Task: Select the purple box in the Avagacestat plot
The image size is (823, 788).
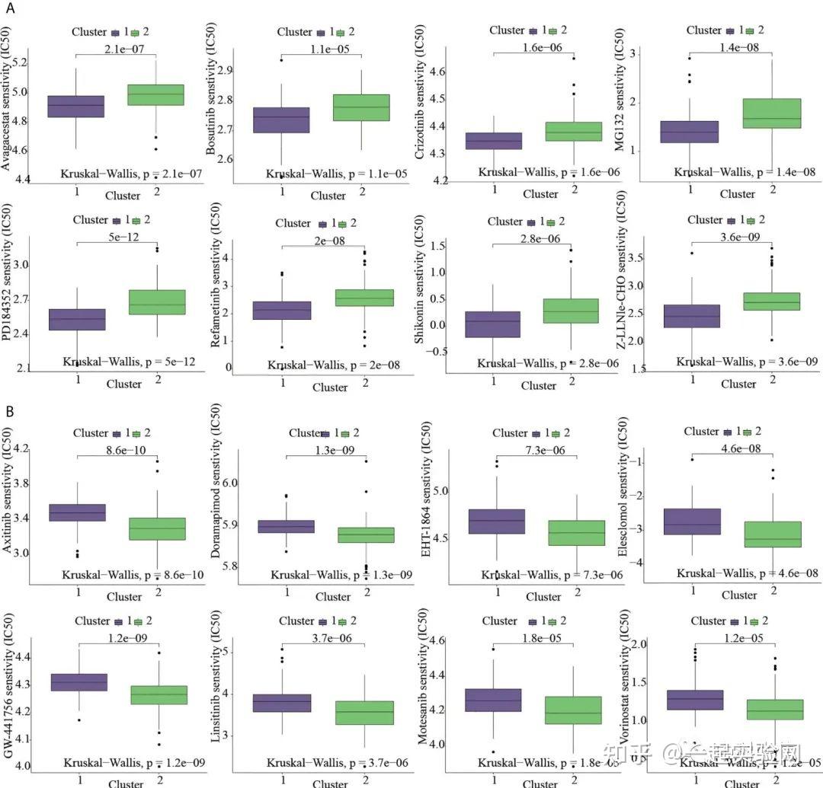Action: (x=75, y=106)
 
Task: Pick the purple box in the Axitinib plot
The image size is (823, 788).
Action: (x=76, y=512)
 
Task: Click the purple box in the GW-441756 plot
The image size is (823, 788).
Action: (x=76, y=682)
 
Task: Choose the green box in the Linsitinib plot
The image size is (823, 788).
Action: (x=364, y=713)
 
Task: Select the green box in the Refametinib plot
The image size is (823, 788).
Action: (x=365, y=298)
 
